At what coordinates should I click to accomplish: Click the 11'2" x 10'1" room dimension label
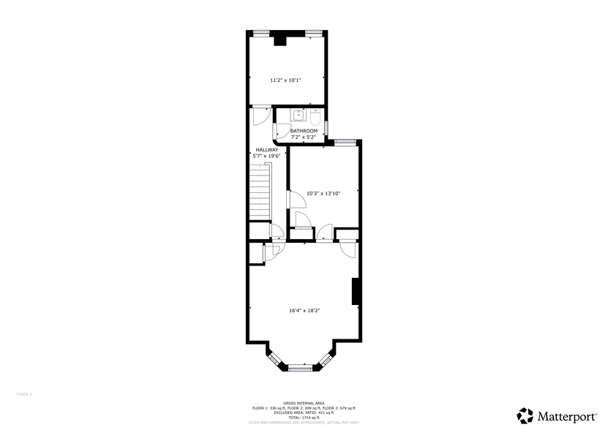click(x=285, y=80)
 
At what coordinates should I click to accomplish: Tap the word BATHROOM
click(x=304, y=131)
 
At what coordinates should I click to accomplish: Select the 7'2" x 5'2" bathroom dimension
click(x=304, y=137)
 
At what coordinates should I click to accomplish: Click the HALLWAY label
click(x=266, y=150)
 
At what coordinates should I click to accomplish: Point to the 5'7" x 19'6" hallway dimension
click(x=266, y=156)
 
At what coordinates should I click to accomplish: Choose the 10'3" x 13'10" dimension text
click(x=323, y=193)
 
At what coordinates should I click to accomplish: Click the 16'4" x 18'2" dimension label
click(x=304, y=310)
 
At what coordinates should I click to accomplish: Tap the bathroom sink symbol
click(x=299, y=115)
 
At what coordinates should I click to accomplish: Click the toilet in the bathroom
click(x=315, y=117)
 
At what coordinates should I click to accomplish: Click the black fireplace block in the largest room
click(x=356, y=291)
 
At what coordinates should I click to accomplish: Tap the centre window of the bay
click(x=300, y=369)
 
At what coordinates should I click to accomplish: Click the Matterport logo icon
click(x=525, y=416)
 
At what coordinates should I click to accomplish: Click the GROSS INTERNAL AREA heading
click(x=304, y=403)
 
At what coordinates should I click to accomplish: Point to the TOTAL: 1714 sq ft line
click(x=304, y=417)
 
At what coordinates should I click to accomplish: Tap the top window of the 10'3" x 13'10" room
click(x=345, y=140)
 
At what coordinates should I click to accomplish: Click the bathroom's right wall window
click(x=327, y=129)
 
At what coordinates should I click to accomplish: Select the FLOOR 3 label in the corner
click(x=24, y=394)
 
